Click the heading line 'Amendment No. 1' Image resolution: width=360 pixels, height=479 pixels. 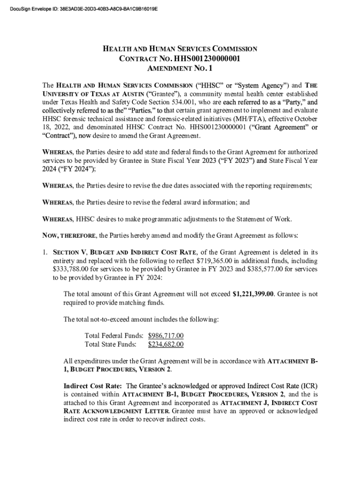tap(180, 69)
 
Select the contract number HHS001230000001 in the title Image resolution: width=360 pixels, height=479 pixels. tap(207, 58)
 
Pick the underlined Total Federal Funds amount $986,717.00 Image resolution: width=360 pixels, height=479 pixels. tap(166, 336)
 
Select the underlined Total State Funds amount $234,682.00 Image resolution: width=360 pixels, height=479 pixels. tap(166, 345)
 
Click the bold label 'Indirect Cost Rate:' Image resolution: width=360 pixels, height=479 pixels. tap(93, 386)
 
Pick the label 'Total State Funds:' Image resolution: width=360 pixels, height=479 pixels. tap(110, 345)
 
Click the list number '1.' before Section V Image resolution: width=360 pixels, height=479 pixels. tap(46, 253)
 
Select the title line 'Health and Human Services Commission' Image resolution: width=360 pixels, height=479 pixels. tap(180, 49)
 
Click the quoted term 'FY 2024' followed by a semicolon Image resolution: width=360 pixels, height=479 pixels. tap(59, 170)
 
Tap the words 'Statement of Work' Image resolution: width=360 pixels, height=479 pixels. tap(262, 218)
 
